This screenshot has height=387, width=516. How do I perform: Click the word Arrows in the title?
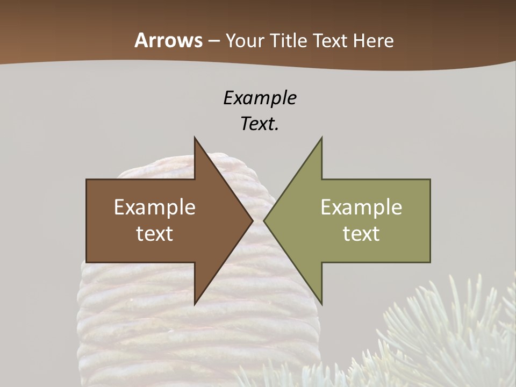coord(168,40)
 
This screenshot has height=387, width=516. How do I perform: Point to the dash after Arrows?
coord(213,41)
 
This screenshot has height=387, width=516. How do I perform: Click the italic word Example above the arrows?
coord(260,98)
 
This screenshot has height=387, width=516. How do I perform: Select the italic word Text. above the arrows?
coord(260,124)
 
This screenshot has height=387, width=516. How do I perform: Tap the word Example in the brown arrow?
coord(155,207)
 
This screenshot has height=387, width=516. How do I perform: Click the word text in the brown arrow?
coord(155,234)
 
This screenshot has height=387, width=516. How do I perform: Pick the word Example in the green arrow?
coord(361,207)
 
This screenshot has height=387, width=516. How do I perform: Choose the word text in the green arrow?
coord(361,234)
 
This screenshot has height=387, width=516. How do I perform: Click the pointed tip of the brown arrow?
coord(253,220)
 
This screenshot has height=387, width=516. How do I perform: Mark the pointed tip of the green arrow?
coord(264,220)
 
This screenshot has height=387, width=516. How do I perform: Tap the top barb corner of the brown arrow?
coord(195,138)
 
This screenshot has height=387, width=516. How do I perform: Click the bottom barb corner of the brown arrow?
coord(195,304)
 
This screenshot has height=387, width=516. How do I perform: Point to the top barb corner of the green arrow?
coord(321,138)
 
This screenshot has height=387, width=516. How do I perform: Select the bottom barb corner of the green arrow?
coord(321,304)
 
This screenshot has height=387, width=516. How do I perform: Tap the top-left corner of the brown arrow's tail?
coord(87,180)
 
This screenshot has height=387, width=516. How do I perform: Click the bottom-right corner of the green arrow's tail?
coord(430,262)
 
